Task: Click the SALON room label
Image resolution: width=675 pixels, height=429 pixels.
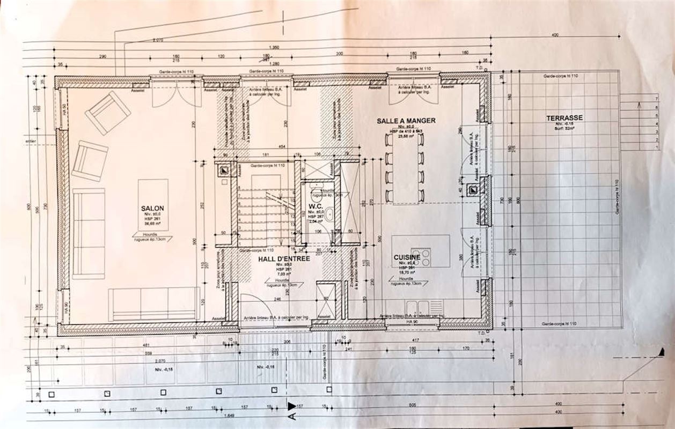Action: tap(152, 208)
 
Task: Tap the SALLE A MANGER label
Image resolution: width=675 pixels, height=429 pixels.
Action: tap(406, 121)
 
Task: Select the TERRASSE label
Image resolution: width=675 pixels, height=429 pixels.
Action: tap(564, 118)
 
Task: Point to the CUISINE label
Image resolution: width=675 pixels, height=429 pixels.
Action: tap(406, 257)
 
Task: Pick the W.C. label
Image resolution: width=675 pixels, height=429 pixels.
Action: tap(314, 206)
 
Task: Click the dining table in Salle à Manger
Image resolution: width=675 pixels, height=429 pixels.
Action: tap(405, 168)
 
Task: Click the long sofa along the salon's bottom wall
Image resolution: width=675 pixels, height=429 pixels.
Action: tap(154, 304)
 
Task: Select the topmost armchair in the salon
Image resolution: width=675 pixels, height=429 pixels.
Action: tap(108, 113)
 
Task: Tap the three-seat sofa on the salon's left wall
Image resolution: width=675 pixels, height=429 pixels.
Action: tap(89, 233)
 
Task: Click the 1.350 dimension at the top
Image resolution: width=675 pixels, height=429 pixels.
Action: tap(275, 47)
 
